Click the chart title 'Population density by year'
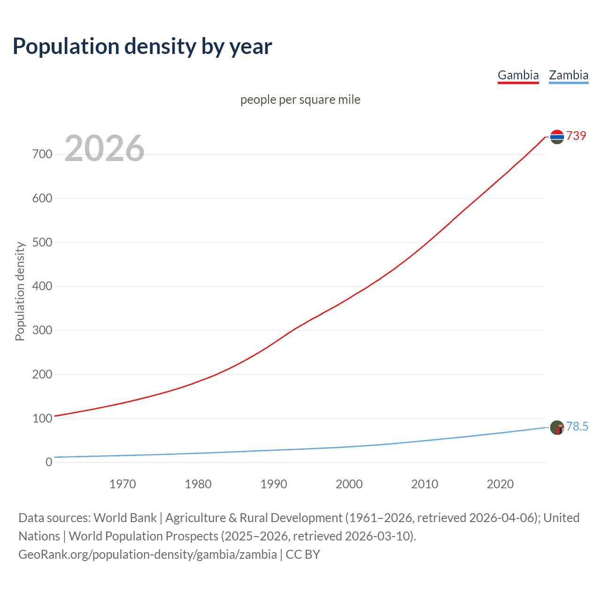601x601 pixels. click(x=142, y=46)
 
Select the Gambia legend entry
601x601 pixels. click(x=518, y=75)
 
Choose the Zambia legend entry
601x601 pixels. click(x=568, y=75)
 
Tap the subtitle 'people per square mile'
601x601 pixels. click(x=300, y=100)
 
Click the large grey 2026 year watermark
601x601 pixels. click(x=104, y=148)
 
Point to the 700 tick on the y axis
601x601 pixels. click(x=42, y=154)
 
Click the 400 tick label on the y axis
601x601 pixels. click(x=42, y=286)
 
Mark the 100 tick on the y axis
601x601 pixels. click(x=42, y=418)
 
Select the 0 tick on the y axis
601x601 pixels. click(x=49, y=462)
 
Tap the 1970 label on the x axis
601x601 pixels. click(x=123, y=484)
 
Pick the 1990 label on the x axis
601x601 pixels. click(x=274, y=484)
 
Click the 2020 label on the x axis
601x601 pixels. click(x=500, y=484)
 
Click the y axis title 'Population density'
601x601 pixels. click(x=20, y=291)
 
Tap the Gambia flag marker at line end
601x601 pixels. click(x=556, y=137)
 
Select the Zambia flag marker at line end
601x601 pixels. click(x=556, y=427)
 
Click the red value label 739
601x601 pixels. click(x=576, y=136)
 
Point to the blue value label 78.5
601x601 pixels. click(x=577, y=426)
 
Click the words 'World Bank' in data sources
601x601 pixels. click(x=125, y=518)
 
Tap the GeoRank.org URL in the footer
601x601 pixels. click(x=147, y=555)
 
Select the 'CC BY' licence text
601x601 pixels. click(x=303, y=555)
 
